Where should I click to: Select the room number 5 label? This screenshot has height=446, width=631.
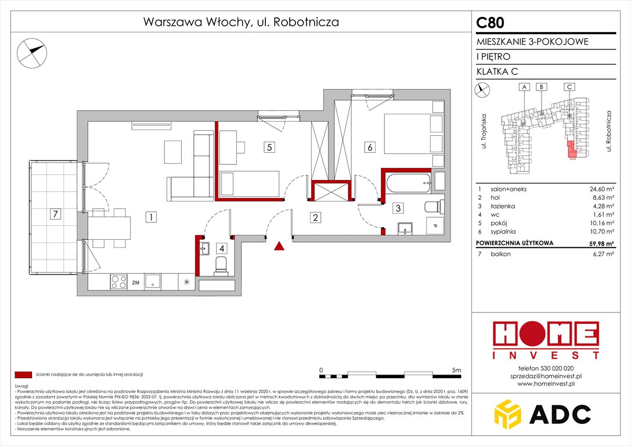click(x=269, y=148)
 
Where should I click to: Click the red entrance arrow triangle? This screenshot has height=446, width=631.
click(x=279, y=246)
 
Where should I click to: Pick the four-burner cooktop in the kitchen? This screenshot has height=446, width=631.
click(x=118, y=282)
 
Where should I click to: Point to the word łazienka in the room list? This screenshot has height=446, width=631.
click(x=497, y=206)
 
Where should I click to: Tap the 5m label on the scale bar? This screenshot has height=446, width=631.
click(x=456, y=370)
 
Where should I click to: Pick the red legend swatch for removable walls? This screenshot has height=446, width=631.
click(x=23, y=375)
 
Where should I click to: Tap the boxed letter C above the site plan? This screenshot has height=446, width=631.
click(x=569, y=87)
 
